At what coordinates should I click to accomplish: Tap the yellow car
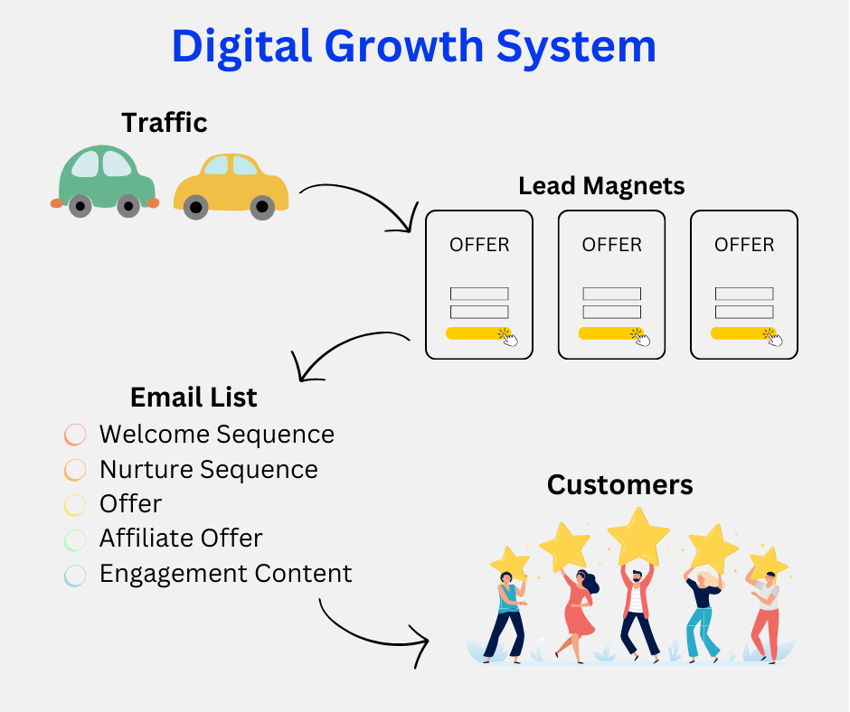[231, 185]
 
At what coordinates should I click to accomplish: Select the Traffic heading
[165, 122]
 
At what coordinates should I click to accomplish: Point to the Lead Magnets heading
[601, 186]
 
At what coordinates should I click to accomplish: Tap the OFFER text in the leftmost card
[479, 245]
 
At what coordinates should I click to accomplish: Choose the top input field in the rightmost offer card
[744, 294]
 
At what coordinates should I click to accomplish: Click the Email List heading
[194, 397]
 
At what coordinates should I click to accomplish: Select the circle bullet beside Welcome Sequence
[75, 435]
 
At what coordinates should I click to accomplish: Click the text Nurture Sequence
[209, 470]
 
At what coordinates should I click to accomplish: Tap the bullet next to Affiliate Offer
[75, 539]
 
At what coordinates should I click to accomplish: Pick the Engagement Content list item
[225, 574]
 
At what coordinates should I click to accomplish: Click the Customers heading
[620, 485]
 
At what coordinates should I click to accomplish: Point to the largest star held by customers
[638, 536]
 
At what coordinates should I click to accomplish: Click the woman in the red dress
[580, 610]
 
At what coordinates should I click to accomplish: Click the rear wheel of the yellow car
[196, 207]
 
